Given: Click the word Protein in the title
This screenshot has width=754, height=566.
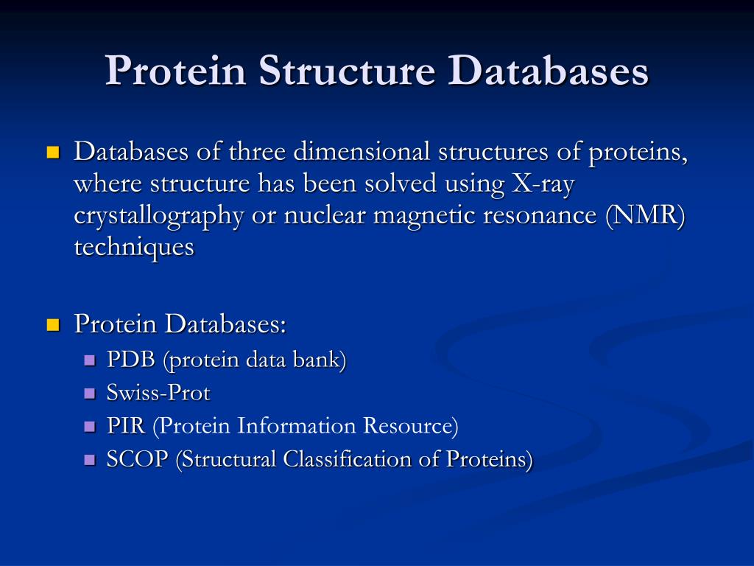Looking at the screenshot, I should [175, 72].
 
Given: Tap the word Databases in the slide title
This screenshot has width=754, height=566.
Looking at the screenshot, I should [550, 72].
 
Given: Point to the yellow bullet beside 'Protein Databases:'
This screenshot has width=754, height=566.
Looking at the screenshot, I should [52, 325].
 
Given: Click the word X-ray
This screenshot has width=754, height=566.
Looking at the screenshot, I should [542, 184].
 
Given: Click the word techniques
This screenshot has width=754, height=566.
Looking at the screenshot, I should [133, 248].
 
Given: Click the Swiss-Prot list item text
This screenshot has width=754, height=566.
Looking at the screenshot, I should [158, 394].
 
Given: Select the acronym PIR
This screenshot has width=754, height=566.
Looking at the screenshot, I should [126, 426].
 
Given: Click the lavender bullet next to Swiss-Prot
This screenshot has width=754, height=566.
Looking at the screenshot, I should [91, 394].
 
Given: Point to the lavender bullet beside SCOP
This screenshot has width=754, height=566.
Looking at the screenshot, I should [91, 460].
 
